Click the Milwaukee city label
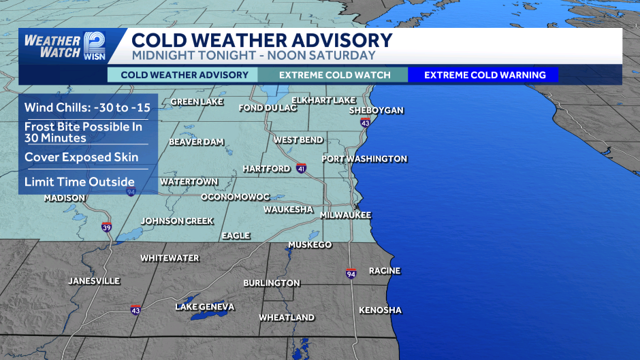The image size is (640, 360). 346,215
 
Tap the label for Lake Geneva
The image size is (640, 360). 204,307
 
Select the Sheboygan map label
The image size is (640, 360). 377,110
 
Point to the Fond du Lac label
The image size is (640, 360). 268,108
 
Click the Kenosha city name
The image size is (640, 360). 380,310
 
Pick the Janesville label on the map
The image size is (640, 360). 94,281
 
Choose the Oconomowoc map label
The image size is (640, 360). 235,197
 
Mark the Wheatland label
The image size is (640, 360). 287,318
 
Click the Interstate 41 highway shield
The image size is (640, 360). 301,168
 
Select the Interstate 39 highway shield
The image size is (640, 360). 107,227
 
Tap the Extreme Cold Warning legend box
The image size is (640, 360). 485,75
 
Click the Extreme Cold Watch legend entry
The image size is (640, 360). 335,75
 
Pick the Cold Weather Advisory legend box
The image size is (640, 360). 184,75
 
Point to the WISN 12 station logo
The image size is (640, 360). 95,46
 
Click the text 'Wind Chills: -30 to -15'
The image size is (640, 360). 87,108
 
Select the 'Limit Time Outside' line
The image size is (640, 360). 80,182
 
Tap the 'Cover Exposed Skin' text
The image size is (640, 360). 82,157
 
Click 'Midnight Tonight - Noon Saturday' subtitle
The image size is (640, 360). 253,55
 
